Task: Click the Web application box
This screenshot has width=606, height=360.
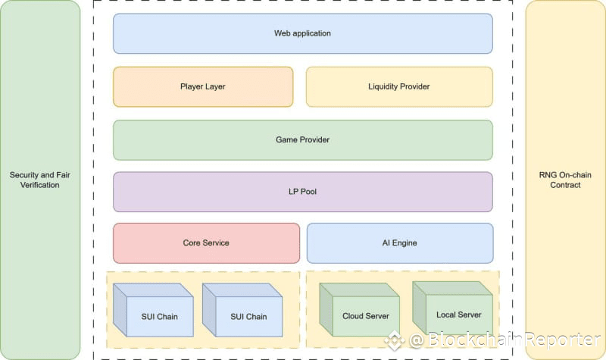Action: click(x=302, y=33)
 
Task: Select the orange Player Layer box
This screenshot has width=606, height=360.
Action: click(x=203, y=86)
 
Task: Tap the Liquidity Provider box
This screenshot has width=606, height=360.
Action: click(x=399, y=86)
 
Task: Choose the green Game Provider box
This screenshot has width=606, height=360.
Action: click(x=302, y=140)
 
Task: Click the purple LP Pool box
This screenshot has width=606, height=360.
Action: click(x=302, y=192)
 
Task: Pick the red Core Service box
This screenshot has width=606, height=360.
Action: click(x=206, y=243)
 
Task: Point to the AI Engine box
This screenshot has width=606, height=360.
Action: click(x=400, y=243)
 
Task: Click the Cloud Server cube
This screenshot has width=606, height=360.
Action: click(x=359, y=310)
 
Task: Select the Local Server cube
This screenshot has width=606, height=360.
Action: click(x=452, y=308)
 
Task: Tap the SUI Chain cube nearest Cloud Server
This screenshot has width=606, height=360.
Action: click(x=242, y=310)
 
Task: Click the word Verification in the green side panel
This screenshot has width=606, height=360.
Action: click(x=40, y=185)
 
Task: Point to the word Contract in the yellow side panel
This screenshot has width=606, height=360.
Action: click(x=565, y=185)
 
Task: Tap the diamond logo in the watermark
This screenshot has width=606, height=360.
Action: click(x=394, y=340)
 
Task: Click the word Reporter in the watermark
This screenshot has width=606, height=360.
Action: click(x=563, y=340)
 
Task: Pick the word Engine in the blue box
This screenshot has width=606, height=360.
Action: click(x=405, y=243)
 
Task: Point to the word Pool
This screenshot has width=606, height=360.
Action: click(x=308, y=192)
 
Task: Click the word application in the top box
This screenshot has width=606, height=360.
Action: click(x=312, y=33)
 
